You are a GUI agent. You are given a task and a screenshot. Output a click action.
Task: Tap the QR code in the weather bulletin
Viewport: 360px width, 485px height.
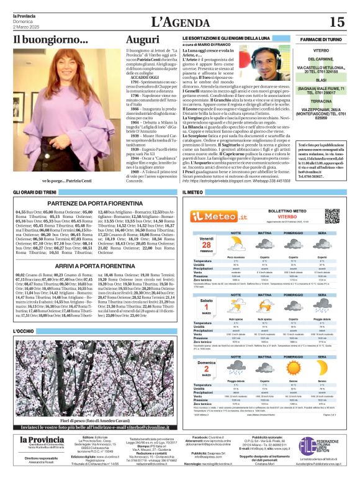pos(333,215)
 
